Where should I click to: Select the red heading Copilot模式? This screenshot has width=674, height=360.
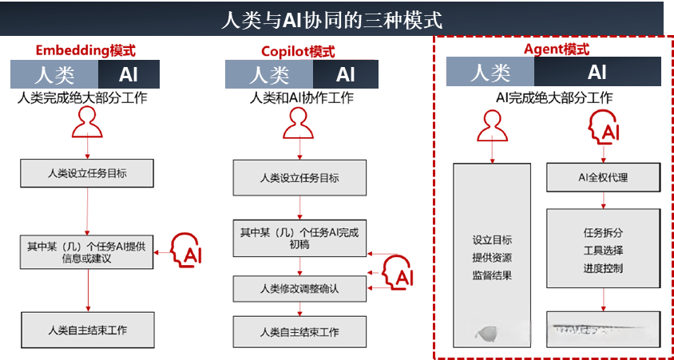click(298, 52)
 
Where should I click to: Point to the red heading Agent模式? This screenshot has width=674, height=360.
click(557, 49)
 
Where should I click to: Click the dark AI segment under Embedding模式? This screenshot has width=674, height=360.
click(129, 75)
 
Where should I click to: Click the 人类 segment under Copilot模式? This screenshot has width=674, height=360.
click(268, 75)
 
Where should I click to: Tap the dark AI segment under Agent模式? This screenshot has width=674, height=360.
click(597, 73)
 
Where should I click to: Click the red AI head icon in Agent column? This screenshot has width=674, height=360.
click(603, 128)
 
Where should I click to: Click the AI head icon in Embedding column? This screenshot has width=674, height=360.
click(188, 252)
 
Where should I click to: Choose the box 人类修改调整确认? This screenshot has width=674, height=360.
click(300, 288)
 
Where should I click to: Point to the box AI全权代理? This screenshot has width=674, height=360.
click(603, 177)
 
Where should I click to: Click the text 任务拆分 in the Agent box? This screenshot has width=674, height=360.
click(603, 233)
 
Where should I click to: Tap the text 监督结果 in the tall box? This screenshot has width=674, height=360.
click(492, 275)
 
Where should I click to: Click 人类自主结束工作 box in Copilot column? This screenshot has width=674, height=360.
click(300, 331)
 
